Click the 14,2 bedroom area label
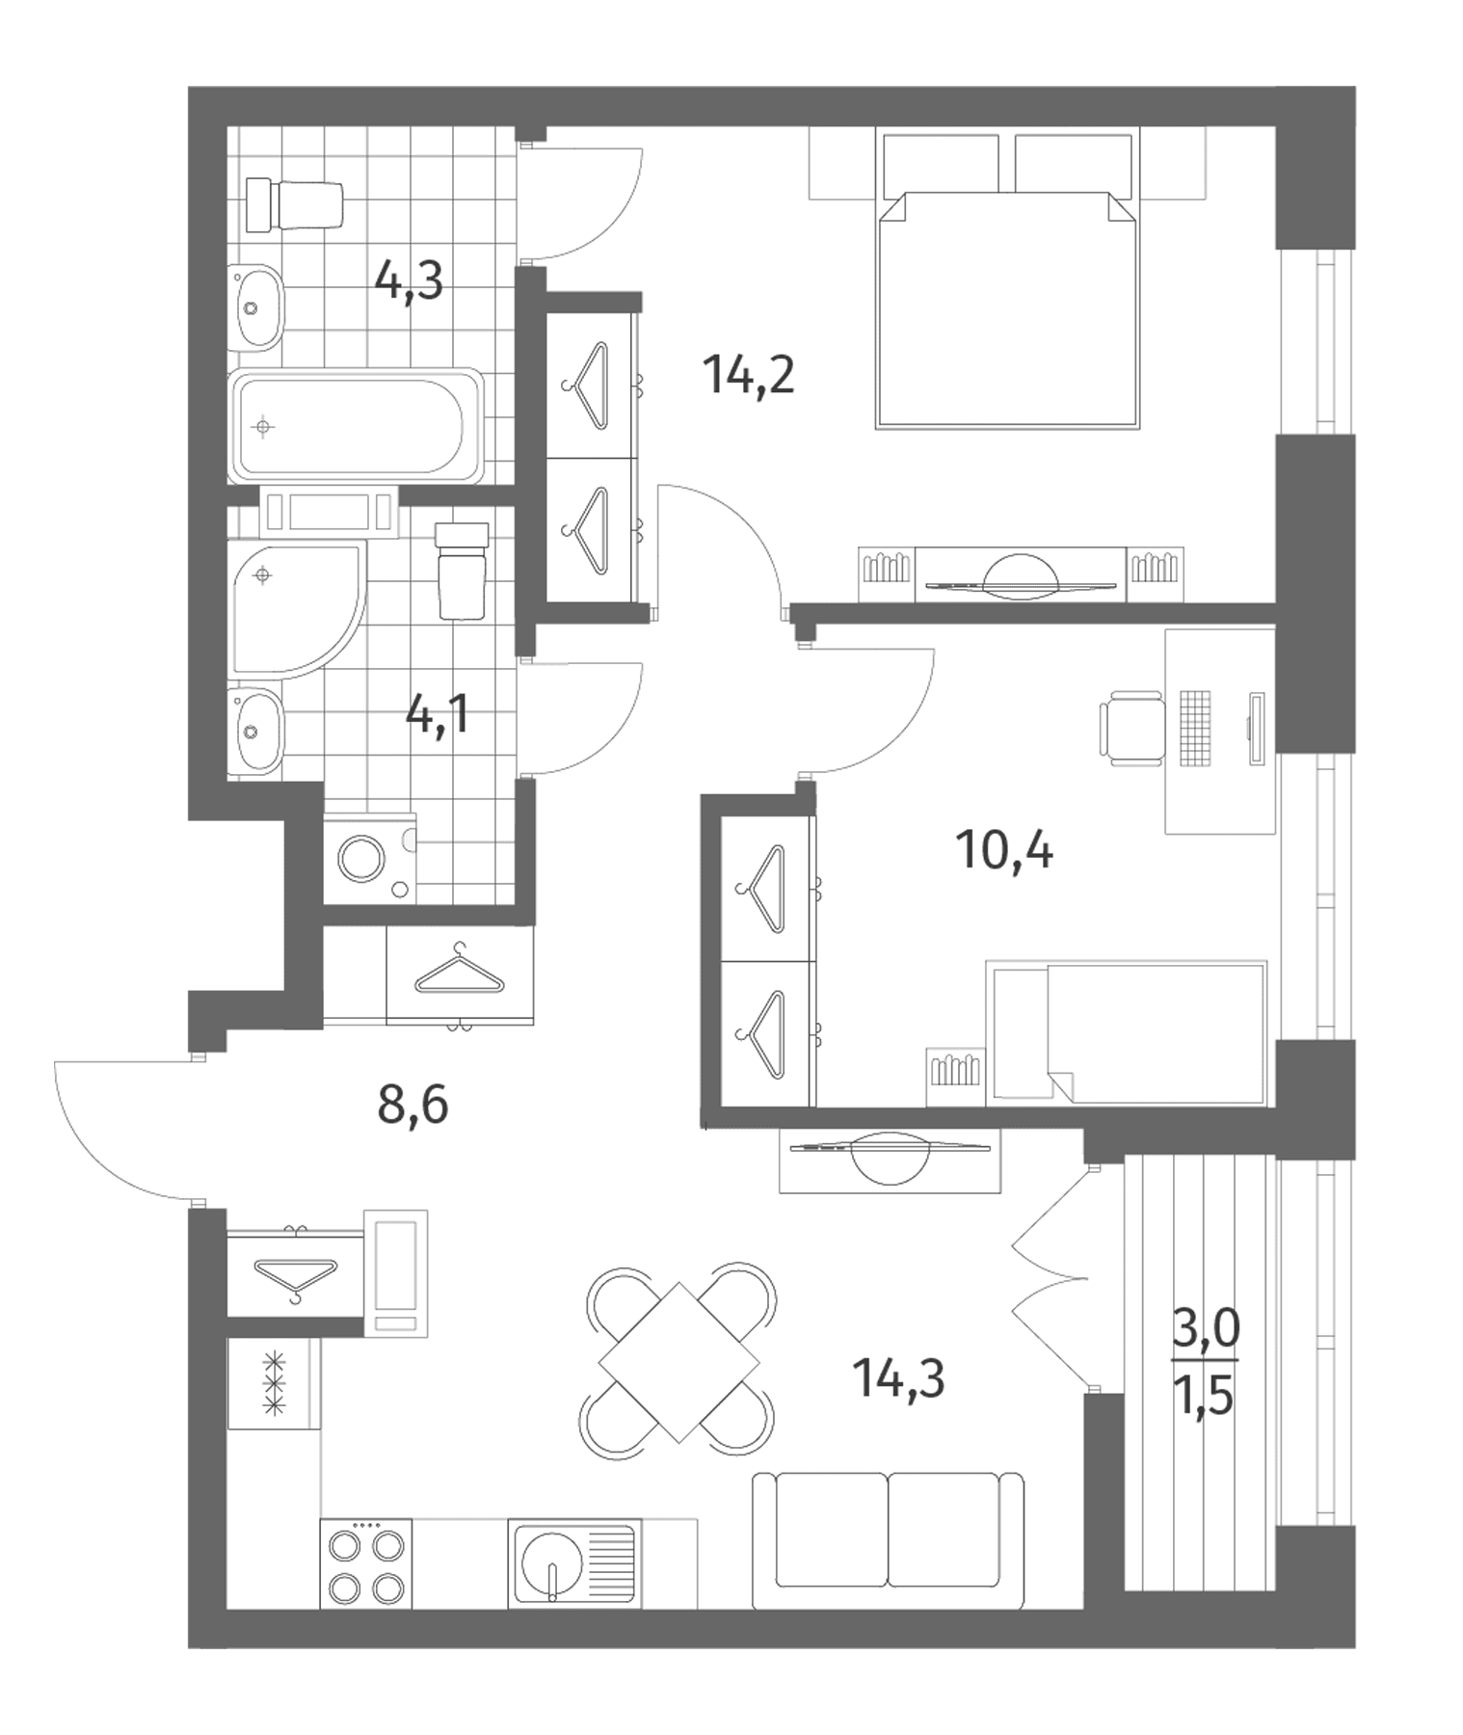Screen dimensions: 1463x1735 [x=749, y=374]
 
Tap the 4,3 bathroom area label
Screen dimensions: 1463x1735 [x=409, y=282]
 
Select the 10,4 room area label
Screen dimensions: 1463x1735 [x=1004, y=850]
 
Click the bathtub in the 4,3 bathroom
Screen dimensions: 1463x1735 [x=356, y=425]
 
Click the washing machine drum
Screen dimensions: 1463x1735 [x=361, y=857]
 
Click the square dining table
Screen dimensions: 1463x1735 [x=678, y=1362]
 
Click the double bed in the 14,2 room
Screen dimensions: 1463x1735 [x=1007, y=308]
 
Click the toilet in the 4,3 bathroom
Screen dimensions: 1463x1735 [x=294, y=204]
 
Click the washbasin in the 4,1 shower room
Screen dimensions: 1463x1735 [x=256, y=730]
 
